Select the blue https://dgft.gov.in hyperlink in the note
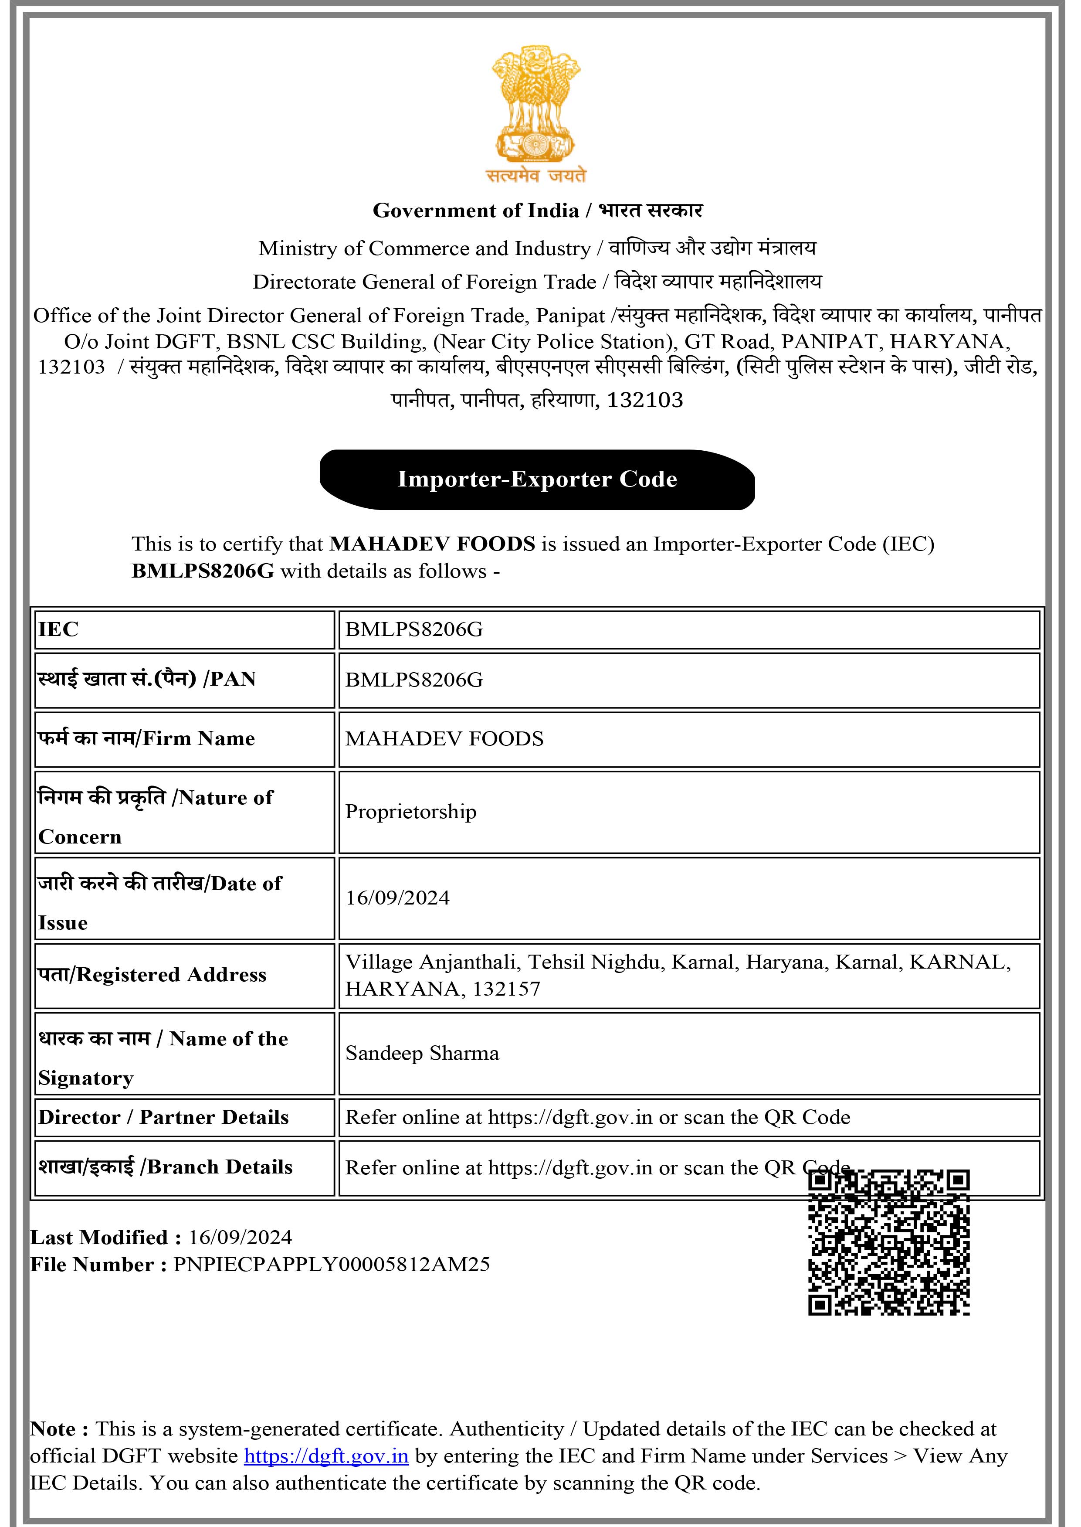(x=326, y=1456)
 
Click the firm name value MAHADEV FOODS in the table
(x=444, y=738)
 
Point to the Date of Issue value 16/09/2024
(x=397, y=898)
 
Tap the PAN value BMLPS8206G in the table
(x=414, y=680)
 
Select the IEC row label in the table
(x=58, y=629)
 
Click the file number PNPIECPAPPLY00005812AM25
(x=332, y=1264)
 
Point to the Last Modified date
(x=241, y=1237)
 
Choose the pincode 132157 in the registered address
(x=507, y=989)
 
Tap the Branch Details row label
(x=166, y=1167)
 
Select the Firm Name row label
(x=146, y=738)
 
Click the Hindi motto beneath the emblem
(x=536, y=176)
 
